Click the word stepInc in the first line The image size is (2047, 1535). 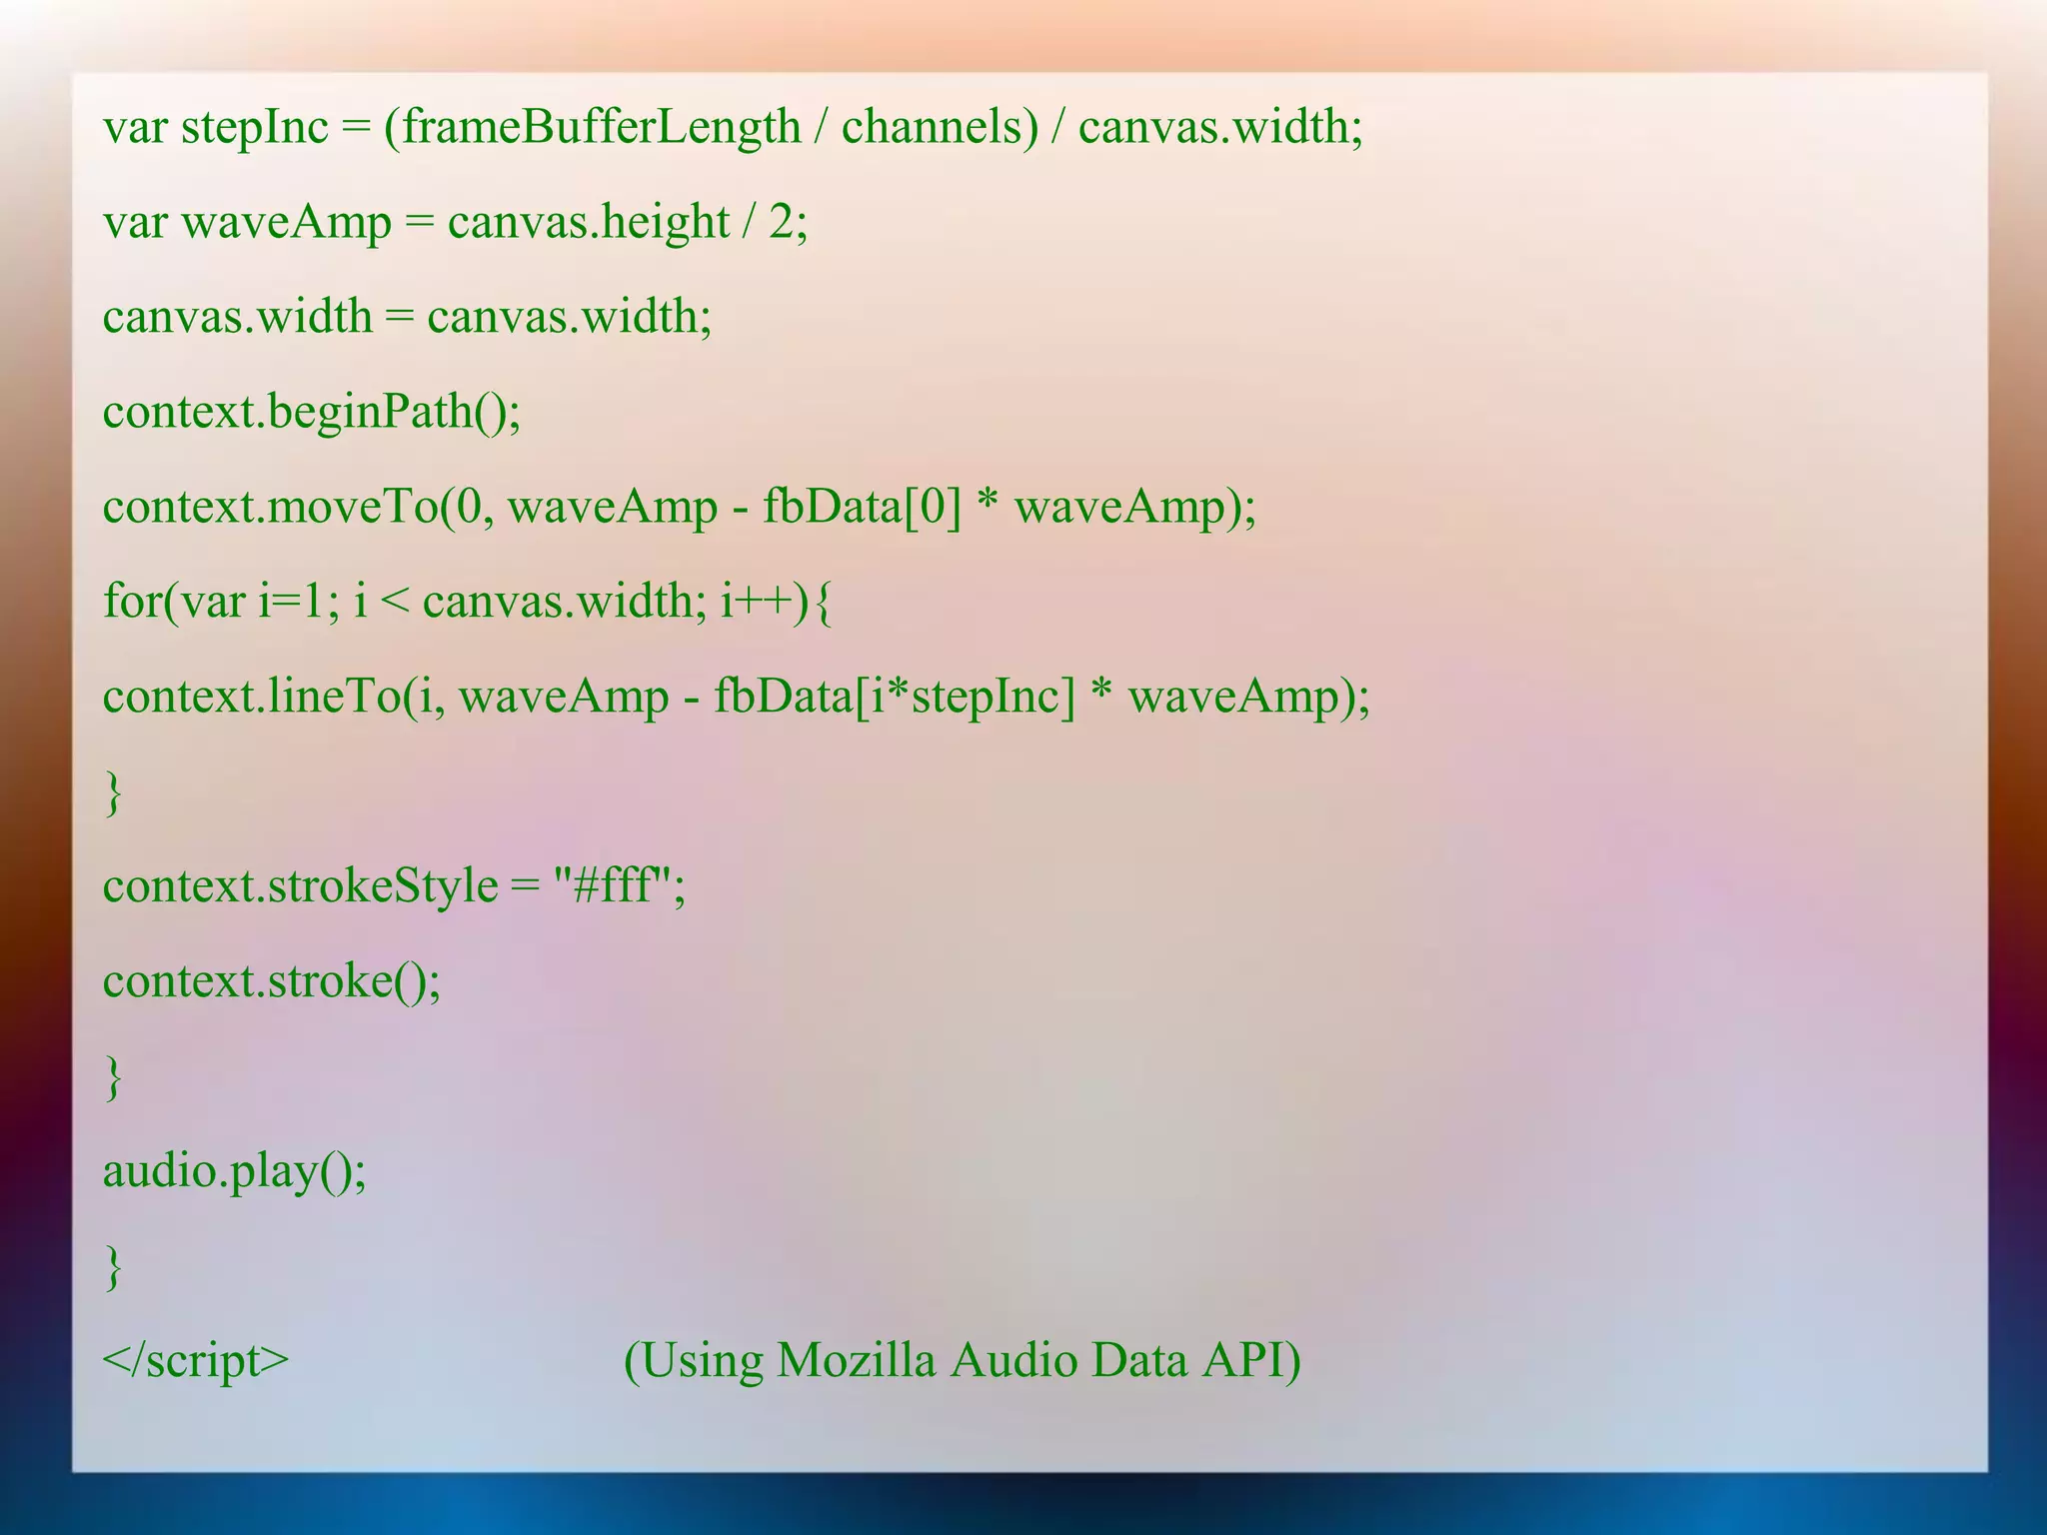tap(254, 128)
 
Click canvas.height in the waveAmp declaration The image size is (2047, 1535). tap(588, 222)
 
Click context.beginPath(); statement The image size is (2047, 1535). tap(312, 412)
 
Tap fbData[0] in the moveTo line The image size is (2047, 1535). tap(862, 507)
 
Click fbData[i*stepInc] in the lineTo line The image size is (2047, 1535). tap(894, 697)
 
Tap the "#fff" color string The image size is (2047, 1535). tap(611, 885)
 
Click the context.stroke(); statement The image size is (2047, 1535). tap(272, 981)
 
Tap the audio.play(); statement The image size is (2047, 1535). tap(235, 1171)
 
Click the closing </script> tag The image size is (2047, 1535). tap(196, 1361)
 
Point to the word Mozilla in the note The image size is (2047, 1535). tap(857, 1361)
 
